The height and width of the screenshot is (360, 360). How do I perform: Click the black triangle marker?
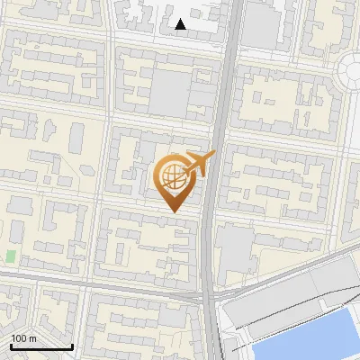[181, 25]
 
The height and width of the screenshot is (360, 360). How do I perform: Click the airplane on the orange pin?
[199, 163]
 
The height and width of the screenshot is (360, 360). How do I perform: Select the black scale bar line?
[40, 346]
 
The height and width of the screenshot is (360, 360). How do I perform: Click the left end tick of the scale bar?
[10, 345]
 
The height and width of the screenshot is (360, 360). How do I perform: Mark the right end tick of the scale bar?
[72, 345]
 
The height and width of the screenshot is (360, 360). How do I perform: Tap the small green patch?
[11, 256]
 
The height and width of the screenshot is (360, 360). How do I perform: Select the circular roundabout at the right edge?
[351, 72]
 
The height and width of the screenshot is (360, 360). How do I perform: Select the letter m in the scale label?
[33, 338]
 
